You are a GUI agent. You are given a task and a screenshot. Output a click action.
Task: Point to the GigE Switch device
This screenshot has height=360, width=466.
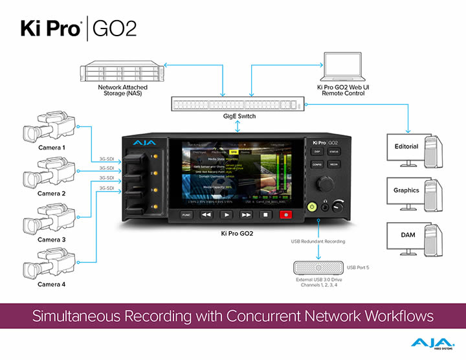(238, 104)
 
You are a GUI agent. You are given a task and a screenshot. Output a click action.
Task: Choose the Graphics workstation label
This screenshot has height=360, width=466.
(406, 190)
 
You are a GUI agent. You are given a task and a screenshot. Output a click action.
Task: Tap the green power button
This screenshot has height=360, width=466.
(311, 207)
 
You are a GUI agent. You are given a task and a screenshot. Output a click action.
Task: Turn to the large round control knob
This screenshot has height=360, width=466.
(323, 183)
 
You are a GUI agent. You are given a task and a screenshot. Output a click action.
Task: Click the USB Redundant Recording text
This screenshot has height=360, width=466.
(318, 242)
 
